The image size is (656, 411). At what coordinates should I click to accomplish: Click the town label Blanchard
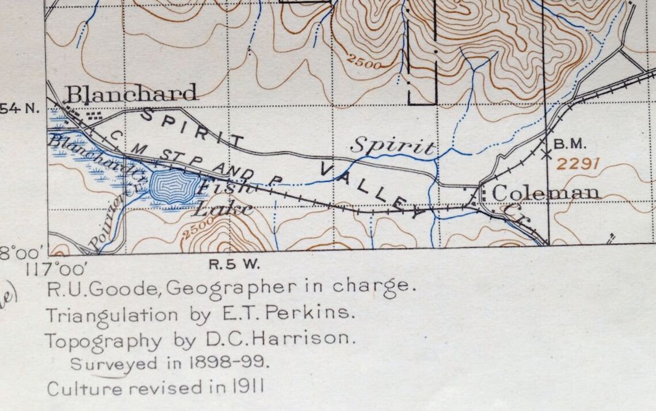point(132,93)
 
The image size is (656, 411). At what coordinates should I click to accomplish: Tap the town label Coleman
point(546,193)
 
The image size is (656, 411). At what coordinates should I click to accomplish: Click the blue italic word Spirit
point(392,146)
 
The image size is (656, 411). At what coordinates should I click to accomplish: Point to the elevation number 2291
point(578,164)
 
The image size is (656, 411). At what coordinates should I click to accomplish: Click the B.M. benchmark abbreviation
point(570,144)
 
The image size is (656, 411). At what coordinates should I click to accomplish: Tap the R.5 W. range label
point(233,265)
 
